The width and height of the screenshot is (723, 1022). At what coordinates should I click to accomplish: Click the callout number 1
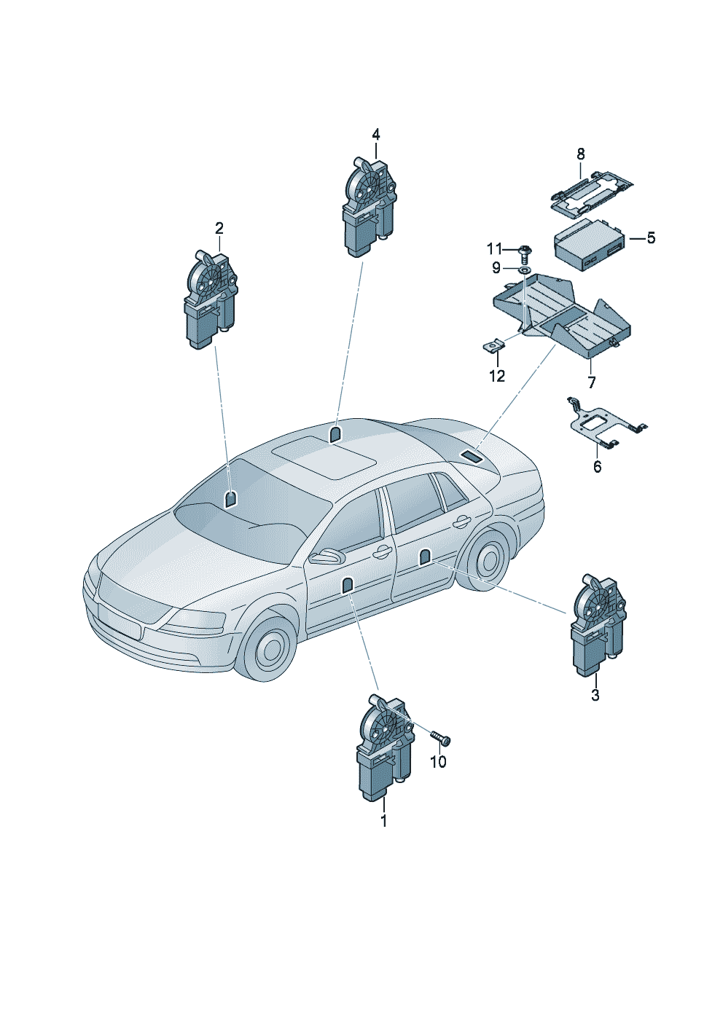point(383,821)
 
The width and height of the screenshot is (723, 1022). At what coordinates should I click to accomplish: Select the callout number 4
point(376,135)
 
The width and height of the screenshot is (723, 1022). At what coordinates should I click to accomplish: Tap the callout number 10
point(438,762)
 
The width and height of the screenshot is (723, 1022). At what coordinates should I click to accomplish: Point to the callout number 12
point(497,376)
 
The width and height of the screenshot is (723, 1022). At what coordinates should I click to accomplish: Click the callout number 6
point(598,467)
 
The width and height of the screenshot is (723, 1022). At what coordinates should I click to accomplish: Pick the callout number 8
point(581,154)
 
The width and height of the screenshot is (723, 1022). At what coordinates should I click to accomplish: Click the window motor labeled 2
point(210,299)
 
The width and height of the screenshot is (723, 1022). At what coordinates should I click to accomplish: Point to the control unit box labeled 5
point(588,248)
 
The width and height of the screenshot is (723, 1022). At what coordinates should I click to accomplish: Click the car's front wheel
point(270,648)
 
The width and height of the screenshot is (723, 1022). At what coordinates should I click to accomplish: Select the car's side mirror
point(326,557)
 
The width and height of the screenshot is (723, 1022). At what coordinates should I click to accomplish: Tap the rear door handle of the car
point(461,521)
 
